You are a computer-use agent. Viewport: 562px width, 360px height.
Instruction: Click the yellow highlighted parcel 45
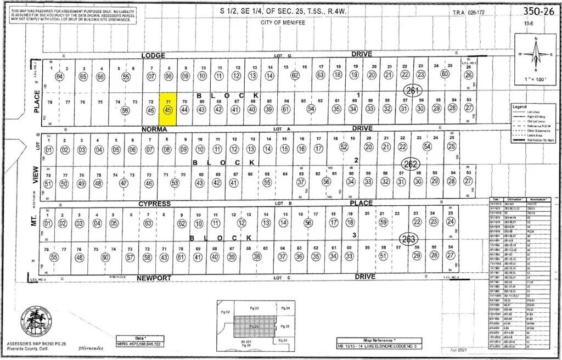tap(168, 109)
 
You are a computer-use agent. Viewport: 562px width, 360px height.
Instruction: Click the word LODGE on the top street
tap(153, 55)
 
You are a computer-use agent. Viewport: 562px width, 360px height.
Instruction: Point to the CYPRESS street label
tap(155, 204)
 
